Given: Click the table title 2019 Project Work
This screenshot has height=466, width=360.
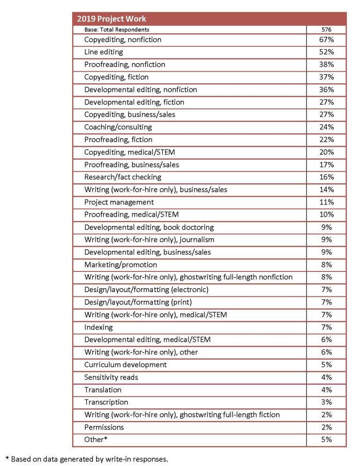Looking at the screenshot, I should click(x=112, y=19).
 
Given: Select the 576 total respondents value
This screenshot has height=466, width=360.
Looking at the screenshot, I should click(x=326, y=30).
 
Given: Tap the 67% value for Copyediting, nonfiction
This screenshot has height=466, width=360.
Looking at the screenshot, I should click(x=326, y=39).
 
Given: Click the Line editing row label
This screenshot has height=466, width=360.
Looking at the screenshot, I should click(x=104, y=52).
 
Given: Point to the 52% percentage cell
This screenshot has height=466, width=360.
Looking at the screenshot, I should click(x=326, y=52).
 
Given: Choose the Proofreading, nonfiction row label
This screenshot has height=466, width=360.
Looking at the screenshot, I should click(x=125, y=64).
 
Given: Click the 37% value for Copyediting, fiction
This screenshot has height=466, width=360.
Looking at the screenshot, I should click(x=326, y=77).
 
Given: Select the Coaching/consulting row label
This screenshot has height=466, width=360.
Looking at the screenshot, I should click(x=118, y=127).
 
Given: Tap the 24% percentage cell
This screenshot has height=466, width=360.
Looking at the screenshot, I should click(x=326, y=127).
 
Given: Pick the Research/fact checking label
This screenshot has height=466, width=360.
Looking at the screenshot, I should click(x=123, y=177).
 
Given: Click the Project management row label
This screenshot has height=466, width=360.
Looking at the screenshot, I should click(x=119, y=202).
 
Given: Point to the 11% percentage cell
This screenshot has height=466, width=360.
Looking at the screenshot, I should click(x=326, y=202).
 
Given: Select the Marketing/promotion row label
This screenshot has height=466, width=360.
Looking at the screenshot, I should click(x=120, y=264).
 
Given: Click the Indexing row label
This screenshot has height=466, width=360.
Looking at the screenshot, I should click(x=98, y=327).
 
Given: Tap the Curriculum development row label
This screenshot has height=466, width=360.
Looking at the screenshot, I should click(x=126, y=365).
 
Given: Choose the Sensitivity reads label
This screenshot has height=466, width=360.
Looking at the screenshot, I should click(x=111, y=377).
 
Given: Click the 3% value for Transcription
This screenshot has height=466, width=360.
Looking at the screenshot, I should click(x=326, y=402).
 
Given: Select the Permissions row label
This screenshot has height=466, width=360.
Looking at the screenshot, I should click(x=104, y=427).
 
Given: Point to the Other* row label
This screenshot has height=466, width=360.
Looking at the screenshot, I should click(x=95, y=440).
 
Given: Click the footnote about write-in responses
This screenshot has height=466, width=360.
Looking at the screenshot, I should click(x=86, y=458).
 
